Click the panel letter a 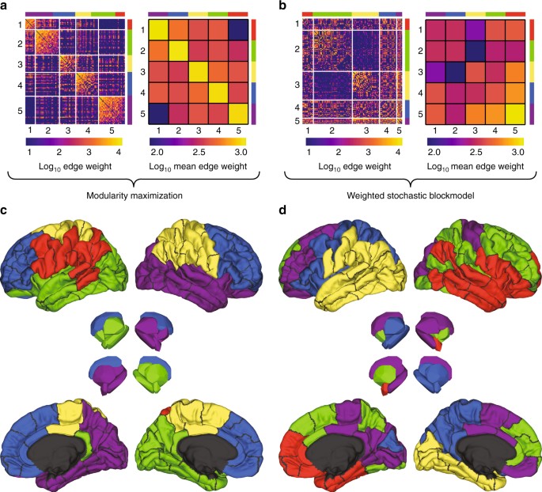pyautogui.click(x=5, y=7)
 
